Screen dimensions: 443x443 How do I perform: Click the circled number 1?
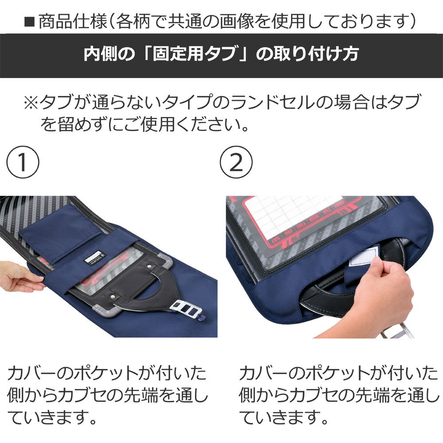click(x=23, y=162)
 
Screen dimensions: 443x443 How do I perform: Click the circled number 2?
click(x=236, y=162)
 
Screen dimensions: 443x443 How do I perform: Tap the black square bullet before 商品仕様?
click(x=29, y=22)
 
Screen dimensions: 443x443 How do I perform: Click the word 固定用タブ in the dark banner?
click(x=194, y=54)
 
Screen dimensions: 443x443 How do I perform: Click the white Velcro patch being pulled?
click(x=361, y=257)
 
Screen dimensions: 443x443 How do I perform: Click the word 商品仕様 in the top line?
click(x=73, y=22)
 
